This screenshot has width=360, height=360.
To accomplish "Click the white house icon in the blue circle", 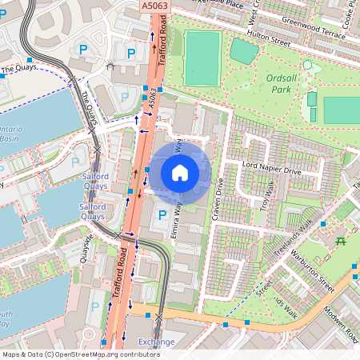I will click(x=180, y=172).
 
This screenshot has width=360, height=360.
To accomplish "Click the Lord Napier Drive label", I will click(x=271, y=170).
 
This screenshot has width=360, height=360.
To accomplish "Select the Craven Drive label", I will click(x=218, y=197).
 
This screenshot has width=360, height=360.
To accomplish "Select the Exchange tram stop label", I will click(x=156, y=342).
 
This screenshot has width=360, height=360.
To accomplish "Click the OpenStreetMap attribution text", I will click(x=80, y=354).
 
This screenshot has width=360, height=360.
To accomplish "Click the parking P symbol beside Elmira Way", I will click(x=162, y=215).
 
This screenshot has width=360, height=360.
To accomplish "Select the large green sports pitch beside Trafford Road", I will click(x=202, y=58).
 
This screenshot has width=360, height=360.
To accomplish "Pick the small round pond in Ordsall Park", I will click(x=306, y=66).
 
